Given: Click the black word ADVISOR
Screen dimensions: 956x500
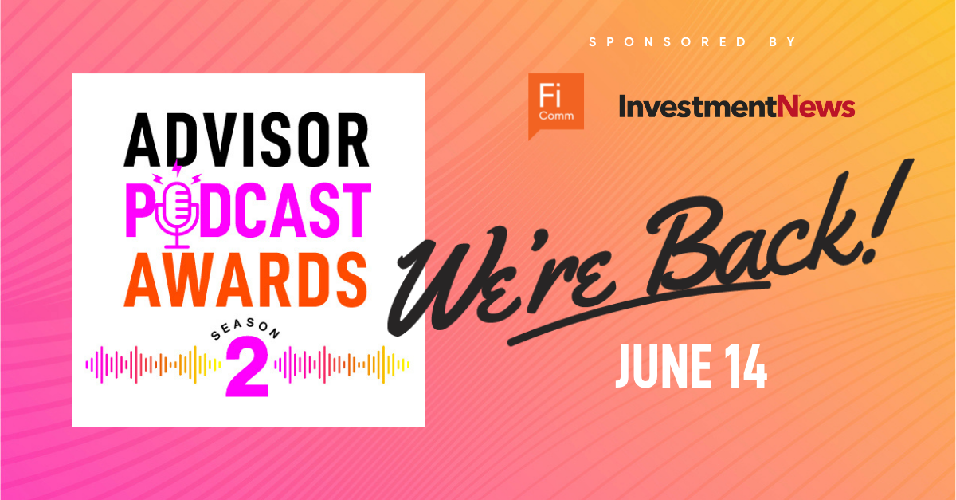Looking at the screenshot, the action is [x=246, y=140].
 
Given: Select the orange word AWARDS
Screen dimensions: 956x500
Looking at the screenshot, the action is [x=245, y=280].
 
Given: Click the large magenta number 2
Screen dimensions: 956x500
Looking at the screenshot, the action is [x=247, y=367].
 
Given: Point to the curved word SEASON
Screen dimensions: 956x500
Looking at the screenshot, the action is [x=246, y=329].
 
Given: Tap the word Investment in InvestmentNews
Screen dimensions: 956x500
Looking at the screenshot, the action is [x=697, y=106].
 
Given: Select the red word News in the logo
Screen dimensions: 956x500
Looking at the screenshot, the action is [x=816, y=106].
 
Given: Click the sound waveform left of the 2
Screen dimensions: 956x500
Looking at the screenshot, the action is [x=154, y=364].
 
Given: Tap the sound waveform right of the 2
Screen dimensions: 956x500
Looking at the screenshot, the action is [x=342, y=364].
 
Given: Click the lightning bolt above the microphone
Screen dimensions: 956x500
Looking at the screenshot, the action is [x=176, y=169].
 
